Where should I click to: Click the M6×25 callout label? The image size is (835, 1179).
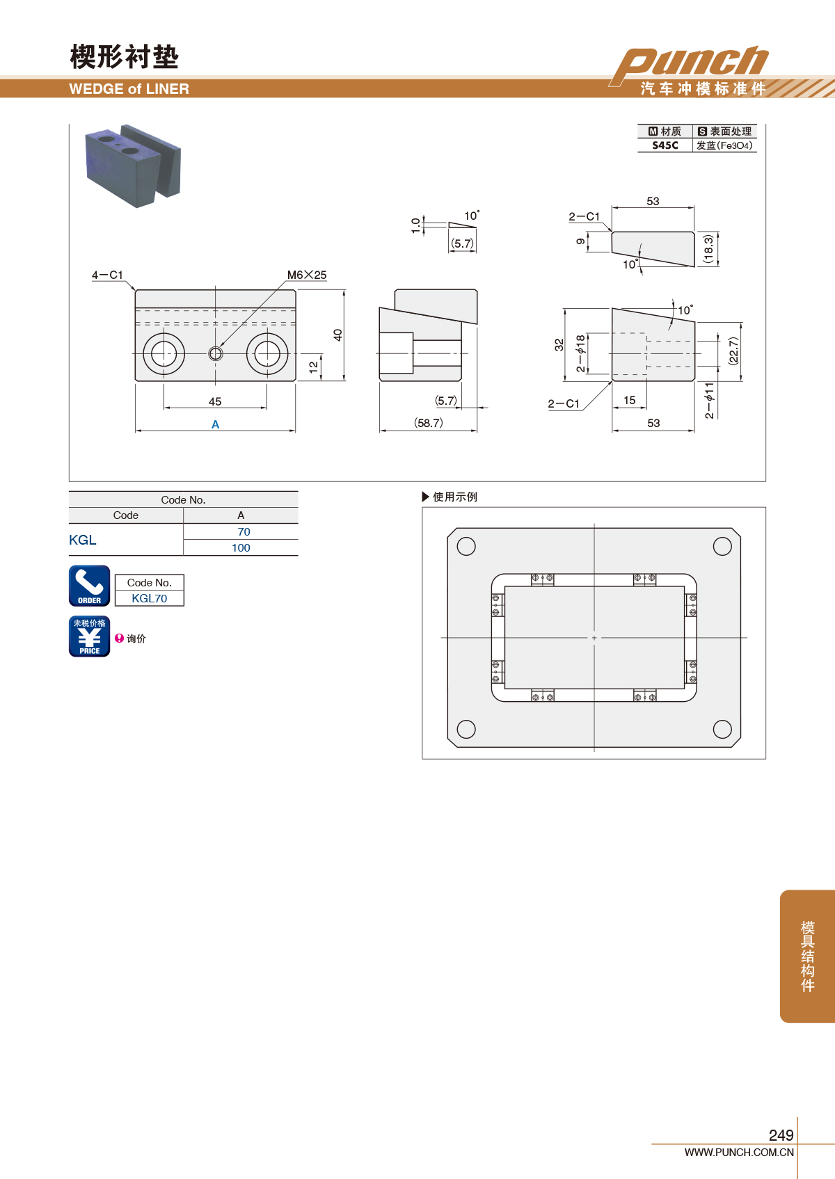pos(306,275)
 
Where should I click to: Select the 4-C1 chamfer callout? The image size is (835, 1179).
pos(107,275)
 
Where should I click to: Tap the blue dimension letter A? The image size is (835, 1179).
pos(215,424)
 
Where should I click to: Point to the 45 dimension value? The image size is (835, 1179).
pos(215,401)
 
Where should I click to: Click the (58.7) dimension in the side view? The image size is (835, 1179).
pos(429,423)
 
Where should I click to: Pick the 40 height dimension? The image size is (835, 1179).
pos(338,335)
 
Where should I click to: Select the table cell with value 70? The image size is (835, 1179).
pos(244,531)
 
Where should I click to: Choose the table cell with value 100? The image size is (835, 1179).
pos(241,547)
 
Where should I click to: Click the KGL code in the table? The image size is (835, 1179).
pos(83,540)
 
